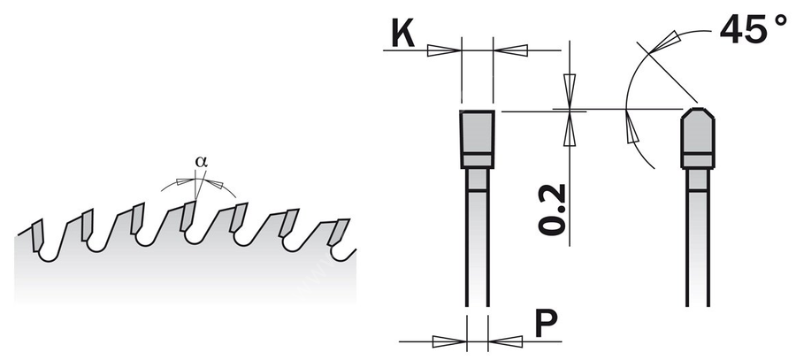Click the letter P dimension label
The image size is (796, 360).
click(547, 324)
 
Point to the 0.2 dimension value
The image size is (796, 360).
click(552, 210)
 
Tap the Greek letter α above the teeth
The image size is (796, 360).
click(201, 162)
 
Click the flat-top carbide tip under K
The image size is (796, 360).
click(477, 139)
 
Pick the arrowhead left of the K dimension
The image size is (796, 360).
click(444, 50)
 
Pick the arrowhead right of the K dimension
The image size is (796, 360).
click(510, 50)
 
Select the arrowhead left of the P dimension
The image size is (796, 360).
click(449, 341)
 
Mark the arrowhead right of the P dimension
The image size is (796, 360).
click(505, 341)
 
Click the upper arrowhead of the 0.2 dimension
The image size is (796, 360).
click(570, 91)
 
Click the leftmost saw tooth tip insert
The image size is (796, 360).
click(37, 235)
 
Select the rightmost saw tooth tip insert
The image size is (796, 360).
click(337, 232)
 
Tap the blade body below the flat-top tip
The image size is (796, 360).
click(478, 238)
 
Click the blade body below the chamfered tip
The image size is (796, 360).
click(698, 238)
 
